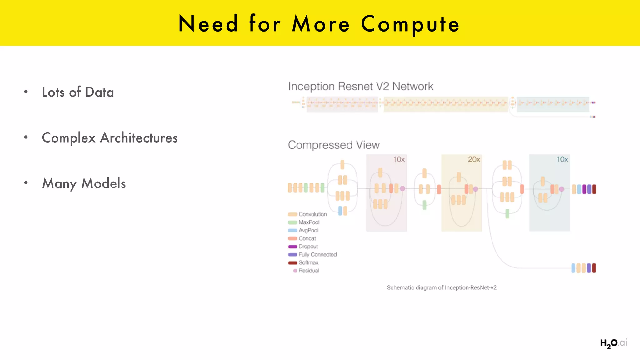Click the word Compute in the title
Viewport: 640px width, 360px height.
[410, 24]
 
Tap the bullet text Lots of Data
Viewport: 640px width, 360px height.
[78, 92]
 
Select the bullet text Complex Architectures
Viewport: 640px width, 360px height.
[110, 138]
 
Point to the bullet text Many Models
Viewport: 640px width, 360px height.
[84, 183]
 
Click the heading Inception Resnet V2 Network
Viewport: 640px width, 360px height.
[361, 86]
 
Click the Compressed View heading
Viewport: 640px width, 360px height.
[334, 145]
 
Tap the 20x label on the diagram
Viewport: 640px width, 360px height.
[474, 159]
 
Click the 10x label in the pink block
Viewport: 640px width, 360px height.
[399, 159]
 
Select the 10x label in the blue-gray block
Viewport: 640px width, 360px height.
[562, 159]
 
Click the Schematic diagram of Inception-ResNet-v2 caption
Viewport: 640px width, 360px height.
[442, 288]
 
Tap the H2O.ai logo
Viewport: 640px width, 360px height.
[613, 343]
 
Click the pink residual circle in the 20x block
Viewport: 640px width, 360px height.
[476, 189]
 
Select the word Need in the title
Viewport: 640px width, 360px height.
[208, 24]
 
